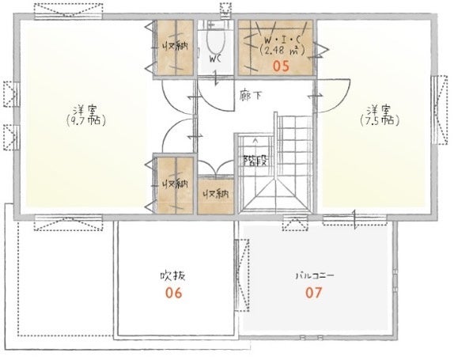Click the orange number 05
pos(282,66)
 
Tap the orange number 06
pos(174,293)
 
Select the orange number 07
pos(313,293)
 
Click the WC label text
pos(215,59)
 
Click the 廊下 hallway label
pos(251,96)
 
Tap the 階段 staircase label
pos(255,160)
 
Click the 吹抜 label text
pos(173,276)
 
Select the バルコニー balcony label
pos(315,275)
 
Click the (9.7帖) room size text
pos(85,120)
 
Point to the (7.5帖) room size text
pos(380,120)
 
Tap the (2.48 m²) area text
pos(282,51)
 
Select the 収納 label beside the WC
pos(175,47)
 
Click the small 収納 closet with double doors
pos(216,195)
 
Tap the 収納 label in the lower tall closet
pos(175,184)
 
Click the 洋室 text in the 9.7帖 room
pos(85,110)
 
